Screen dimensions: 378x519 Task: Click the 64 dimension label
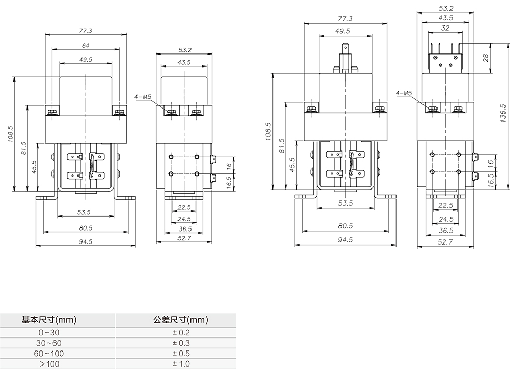[86, 46]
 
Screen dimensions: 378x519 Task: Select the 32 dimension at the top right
[445, 28]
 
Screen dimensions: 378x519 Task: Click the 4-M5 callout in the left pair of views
[142, 97]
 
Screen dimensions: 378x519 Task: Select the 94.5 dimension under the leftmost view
[86, 241]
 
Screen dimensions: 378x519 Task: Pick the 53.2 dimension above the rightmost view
[445, 8]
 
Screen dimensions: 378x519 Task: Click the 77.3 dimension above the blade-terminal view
[345, 19]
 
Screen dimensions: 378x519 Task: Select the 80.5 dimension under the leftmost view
[86, 228]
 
